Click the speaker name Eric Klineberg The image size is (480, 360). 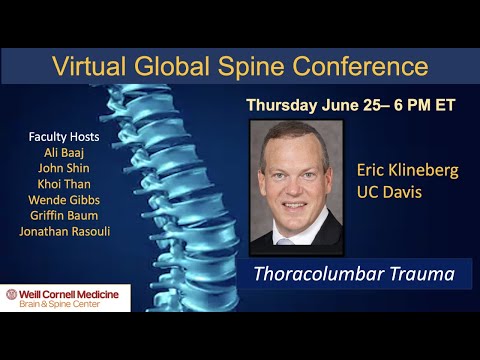coord(407,170)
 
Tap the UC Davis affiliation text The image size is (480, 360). coord(391,191)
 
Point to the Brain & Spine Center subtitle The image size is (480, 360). coord(69,304)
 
